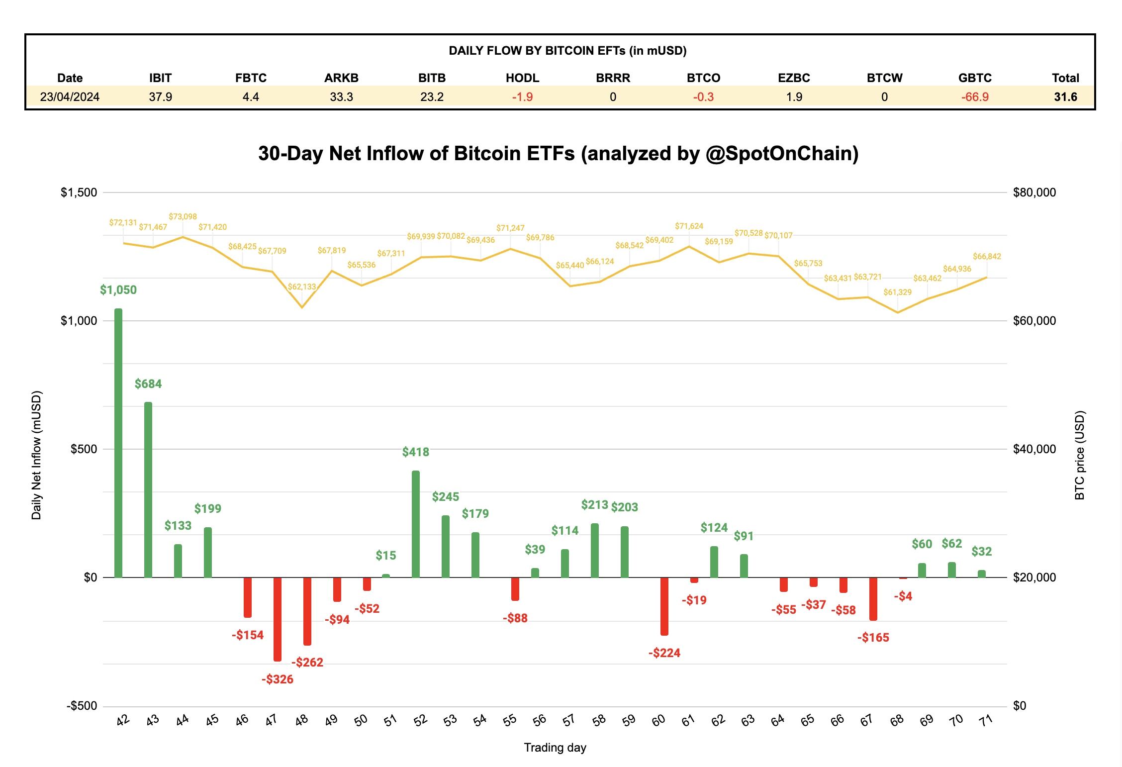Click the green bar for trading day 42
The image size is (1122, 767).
[118, 443]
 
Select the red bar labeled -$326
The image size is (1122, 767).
[278, 619]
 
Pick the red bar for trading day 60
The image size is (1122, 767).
[664, 606]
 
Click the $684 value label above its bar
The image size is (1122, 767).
[148, 383]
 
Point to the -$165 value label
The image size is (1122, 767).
[873, 637]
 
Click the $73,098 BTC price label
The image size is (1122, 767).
[183, 216]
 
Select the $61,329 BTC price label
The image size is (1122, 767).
[897, 292]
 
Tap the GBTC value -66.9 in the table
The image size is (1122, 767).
[975, 96]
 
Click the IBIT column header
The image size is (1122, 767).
[160, 78]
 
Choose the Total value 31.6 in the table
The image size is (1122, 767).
[1065, 96]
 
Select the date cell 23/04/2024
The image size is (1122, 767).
[70, 96]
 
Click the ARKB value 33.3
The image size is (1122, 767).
[341, 96]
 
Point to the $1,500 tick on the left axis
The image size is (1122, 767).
[79, 192]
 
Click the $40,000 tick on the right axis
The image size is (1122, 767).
[1034, 449]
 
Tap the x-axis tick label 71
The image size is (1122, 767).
[985, 720]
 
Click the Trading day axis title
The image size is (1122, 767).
[555, 747]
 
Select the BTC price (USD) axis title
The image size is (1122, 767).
[1079, 455]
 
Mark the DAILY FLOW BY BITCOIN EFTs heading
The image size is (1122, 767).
[567, 50]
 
